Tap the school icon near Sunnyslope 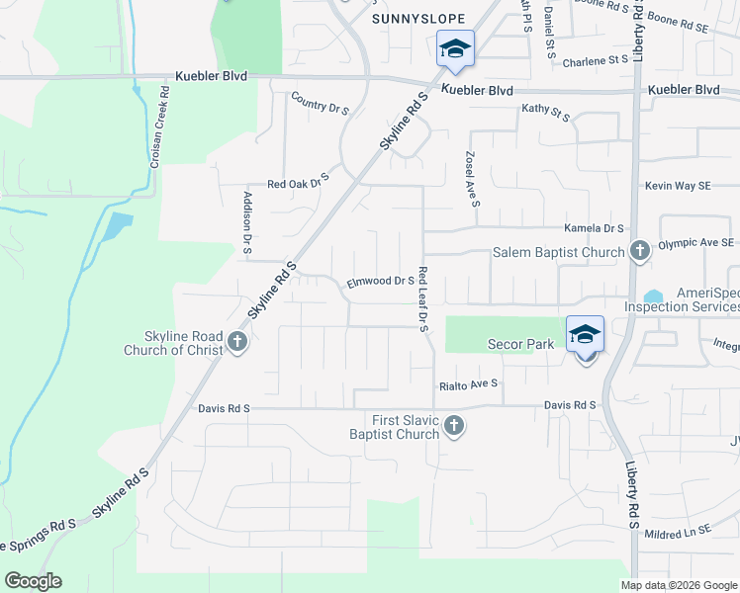pos(455,48)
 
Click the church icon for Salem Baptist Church pos(639,251)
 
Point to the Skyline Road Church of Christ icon pos(236,342)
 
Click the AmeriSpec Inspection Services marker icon pos(654,296)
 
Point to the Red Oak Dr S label pos(298,184)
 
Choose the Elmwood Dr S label pos(380,282)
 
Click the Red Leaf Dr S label pos(422,299)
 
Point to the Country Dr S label pos(320,104)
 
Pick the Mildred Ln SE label pos(679,531)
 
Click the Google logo pos(33,581)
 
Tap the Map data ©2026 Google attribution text pos(678,585)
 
